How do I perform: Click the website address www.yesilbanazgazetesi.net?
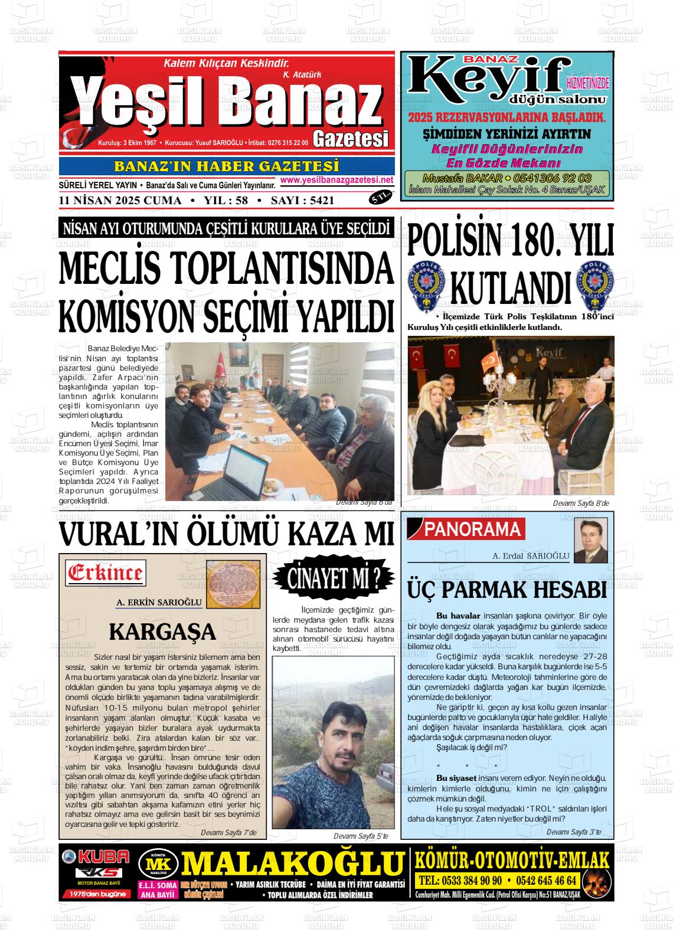336,179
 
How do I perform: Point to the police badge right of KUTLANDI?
595,284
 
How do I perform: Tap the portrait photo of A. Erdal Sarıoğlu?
590,541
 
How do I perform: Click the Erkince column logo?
105,572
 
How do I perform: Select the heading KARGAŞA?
162,632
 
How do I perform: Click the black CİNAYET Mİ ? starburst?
334,579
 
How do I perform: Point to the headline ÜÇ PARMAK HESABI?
507,590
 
